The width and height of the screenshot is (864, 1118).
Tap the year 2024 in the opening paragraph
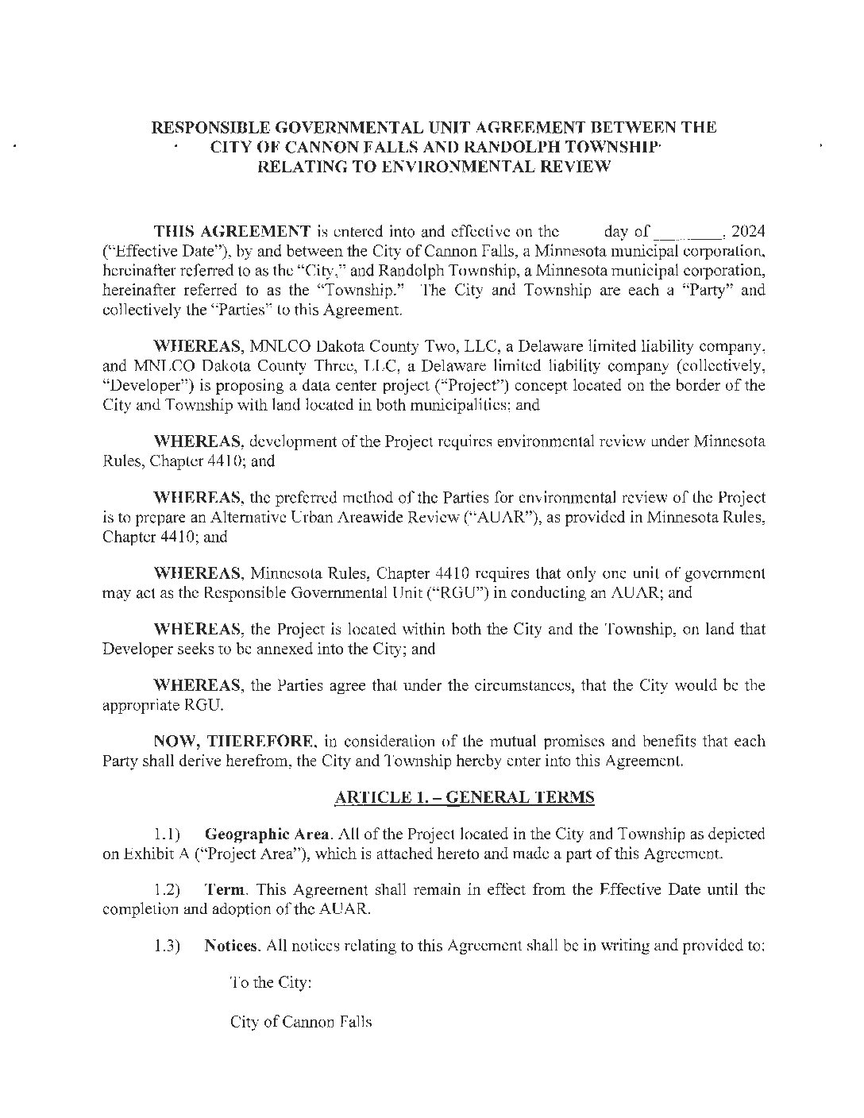click(x=748, y=232)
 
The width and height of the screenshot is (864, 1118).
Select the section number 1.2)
click(x=168, y=891)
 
